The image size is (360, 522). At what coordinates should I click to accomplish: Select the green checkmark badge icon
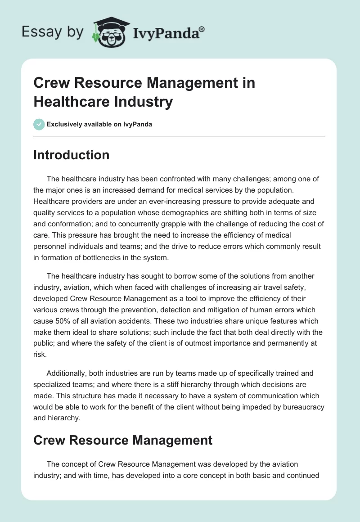click(x=39, y=124)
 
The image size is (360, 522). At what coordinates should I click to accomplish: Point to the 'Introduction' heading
click(x=72, y=155)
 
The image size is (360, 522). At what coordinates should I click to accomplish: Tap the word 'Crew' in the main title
click(x=50, y=83)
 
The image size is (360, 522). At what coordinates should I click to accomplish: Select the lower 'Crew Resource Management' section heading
click(x=123, y=440)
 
